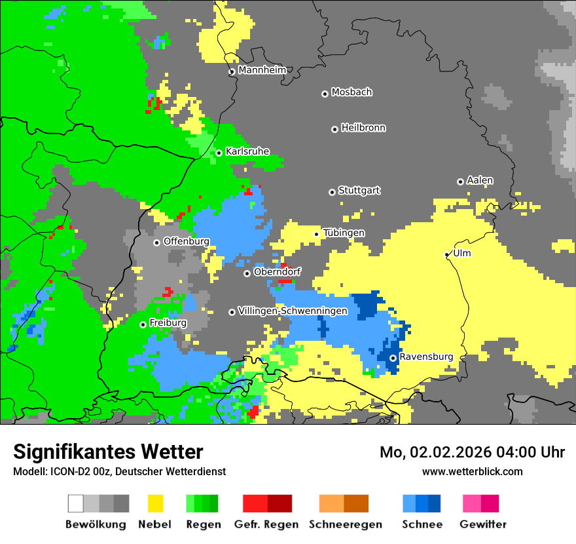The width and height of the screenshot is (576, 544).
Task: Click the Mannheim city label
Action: (262, 70)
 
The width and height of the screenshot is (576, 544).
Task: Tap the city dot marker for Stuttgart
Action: (332, 192)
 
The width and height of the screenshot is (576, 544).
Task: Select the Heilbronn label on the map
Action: (363, 128)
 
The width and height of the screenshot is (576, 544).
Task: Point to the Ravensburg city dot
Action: (393, 358)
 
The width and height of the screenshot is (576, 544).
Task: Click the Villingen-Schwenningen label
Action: (293, 311)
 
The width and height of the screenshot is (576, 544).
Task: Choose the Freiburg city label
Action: (168, 323)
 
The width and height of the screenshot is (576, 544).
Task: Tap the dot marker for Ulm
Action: (447, 254)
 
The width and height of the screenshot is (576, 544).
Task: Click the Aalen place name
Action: (480, 180)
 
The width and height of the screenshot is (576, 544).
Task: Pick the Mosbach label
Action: (351, 92)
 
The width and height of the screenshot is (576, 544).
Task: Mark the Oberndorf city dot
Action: (247, 273)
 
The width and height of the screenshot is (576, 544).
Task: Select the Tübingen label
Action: (344, 233)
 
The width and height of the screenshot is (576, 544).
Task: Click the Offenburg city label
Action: (186, 241)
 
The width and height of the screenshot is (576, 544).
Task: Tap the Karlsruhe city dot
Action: (219, 153)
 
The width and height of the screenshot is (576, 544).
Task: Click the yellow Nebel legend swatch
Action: (156, 503)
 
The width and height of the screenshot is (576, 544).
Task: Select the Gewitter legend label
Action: (482, 524)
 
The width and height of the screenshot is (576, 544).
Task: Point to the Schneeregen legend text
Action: (345, 524)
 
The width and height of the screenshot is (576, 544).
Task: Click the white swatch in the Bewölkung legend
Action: (76, 503)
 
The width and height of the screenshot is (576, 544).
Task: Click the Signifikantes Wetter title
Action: (108, 452)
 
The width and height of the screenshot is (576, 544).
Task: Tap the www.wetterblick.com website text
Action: (472, 471)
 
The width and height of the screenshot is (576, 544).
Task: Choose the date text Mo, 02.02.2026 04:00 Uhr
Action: (472, 452)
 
